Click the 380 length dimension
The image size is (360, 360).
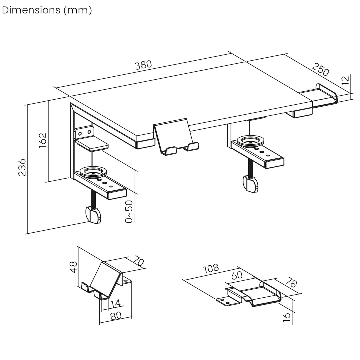[x=143, y=65]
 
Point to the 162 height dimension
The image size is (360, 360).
[x=43, y=141]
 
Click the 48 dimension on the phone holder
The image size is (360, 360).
[x=73, y=267]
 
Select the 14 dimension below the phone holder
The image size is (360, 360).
[x=115, y=304]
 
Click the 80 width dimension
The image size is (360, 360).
[x=115, y=316]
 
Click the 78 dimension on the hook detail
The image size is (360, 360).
[x=291, y=283]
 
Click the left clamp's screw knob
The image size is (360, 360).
[x=93, y=215]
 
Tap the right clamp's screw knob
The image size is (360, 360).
[x=251, y=184]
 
